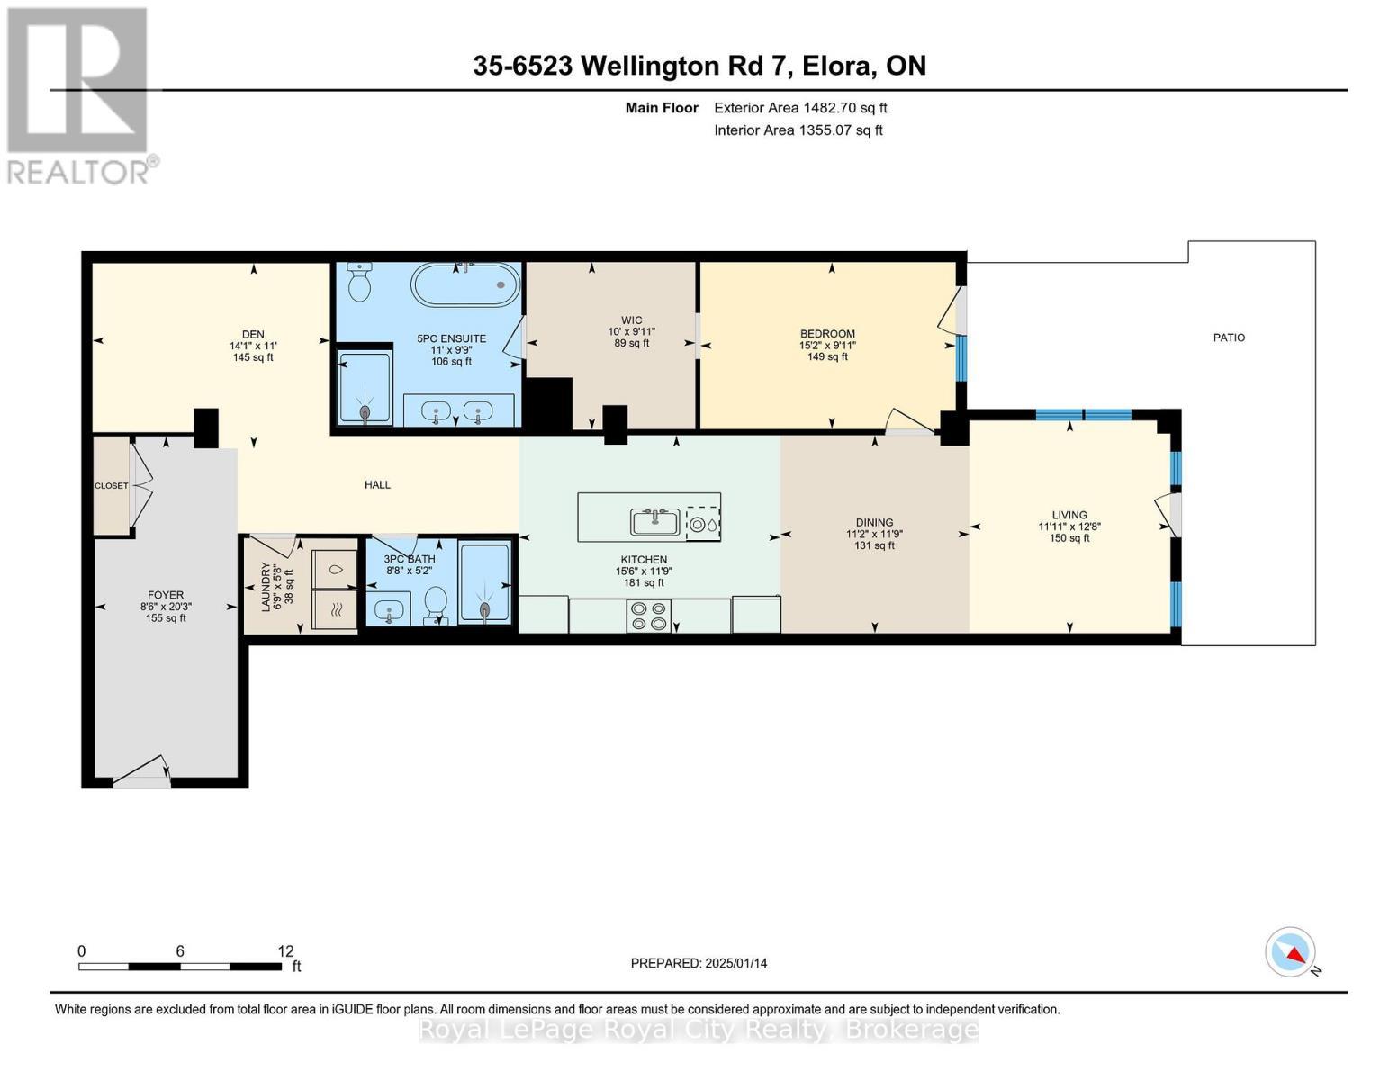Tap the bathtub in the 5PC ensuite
(465, 285)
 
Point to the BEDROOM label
(827, 334)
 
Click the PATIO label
(1229, 337)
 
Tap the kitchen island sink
(655, 521)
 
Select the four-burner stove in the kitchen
(648, 615)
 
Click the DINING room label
(874, 523)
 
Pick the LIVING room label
(1069, 516)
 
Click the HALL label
(377, 485)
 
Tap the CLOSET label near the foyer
(112, 486)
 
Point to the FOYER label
(166, 595)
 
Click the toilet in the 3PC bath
(437, 604)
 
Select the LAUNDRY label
(266, 587)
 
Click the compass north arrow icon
(1291, 952)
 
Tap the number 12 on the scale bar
(285, 951)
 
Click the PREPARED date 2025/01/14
(699, 963)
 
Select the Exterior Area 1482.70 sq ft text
(800, 108)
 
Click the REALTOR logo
(79, 94)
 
